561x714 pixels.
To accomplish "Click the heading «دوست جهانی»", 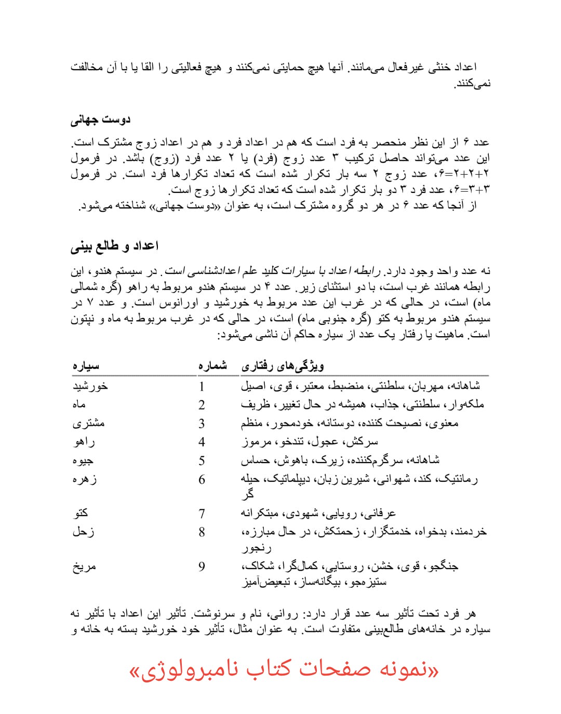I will click(100, 120).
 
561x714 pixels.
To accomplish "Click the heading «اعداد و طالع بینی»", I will click(114, 246).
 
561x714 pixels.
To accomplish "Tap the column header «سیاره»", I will click(86, 366).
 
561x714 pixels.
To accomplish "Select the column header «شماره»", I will click(212, 366).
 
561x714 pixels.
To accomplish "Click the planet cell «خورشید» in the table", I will click(90, 386).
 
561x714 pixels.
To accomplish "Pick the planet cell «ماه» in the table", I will click(79, 404).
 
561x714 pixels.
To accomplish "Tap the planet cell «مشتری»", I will click(88, 423).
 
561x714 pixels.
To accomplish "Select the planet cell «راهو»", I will click(84, 442).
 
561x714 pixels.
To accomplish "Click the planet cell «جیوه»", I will click(83, 460).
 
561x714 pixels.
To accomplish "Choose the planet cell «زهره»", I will click(85, 479).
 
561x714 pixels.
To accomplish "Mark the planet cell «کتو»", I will click(81, 513).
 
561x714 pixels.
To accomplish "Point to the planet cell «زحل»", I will click(83, 532).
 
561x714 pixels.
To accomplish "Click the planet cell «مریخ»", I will click(84, 566).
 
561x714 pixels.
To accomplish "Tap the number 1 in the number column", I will click(202, 387).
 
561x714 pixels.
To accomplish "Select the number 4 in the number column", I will click(202, 442).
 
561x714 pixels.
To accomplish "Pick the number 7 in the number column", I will click(202, 514).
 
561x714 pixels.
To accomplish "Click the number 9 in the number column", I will click(202, 566).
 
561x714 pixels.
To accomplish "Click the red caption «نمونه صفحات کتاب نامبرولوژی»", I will click(284, 670).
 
